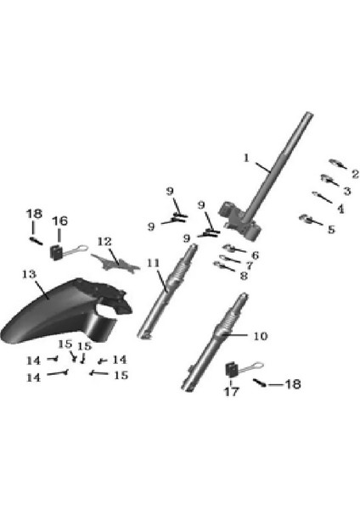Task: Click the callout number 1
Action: tap(246, 158)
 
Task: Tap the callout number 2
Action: tap(355, 174)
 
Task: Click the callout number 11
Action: tap(154, 263)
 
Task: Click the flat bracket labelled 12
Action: tap(115, 264)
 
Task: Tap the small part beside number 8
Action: tap(223, 266)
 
